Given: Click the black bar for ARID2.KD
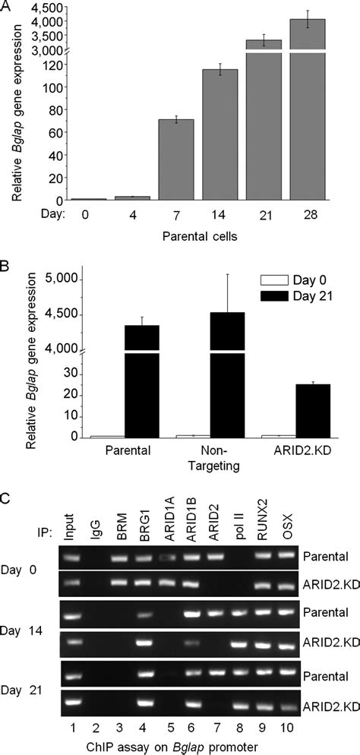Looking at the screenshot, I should point(313,410).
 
